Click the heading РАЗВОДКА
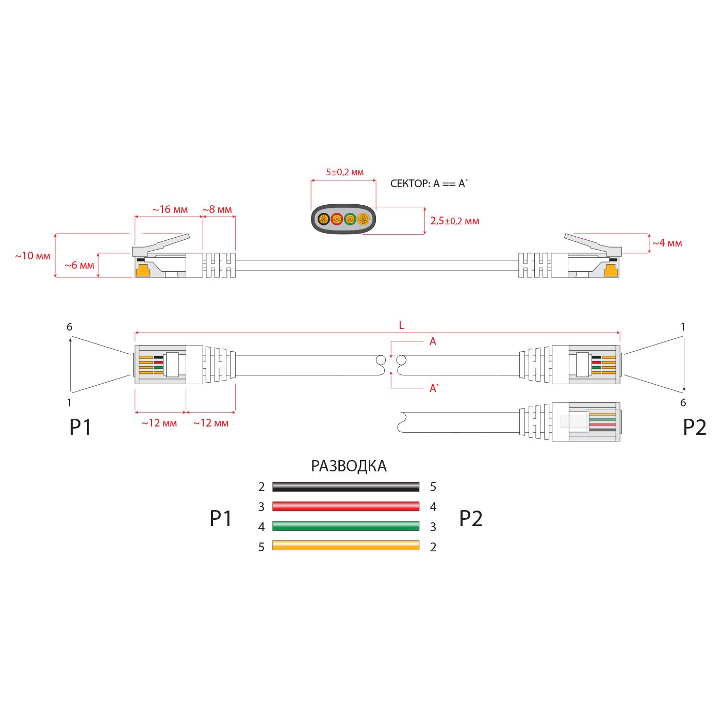pyautogui.click(x=349, y=466)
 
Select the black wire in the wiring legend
pyautogui.click(x=346, y=486)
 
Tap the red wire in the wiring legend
pyautogui.click(x=346, y=506)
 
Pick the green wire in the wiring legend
pyautogui.click(x=346, y=526)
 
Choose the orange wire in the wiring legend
pyautogui.click(x=346, y=546)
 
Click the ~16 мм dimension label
pyautogui.click(x=170, y=210)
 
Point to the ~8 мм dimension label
pyautogui.click(x=217, y=210)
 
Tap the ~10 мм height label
pyautogui.click(x=32, y=256)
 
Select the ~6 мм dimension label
pyautogui.click(x=79, y=266)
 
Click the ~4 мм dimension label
pyautogui.click(x=667, y=243)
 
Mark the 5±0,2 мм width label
pyautogui.click(x=344, y=172)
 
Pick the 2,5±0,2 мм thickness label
pyautogui.click(x=455, y=221)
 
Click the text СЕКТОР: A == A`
pyautogui.click(x=429, y=184)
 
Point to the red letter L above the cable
pyautogui.click(x=401, y=325)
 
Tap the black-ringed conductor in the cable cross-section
pyautogui.click(x=323, y=219)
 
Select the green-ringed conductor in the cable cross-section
pyautogui.click(x=350, y=219)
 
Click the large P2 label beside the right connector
pyautogui.click(x=694, y=428)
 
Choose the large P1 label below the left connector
pyautogui.click(x=80, y=428)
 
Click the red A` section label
pyautogui.click(x=434, y=388)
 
